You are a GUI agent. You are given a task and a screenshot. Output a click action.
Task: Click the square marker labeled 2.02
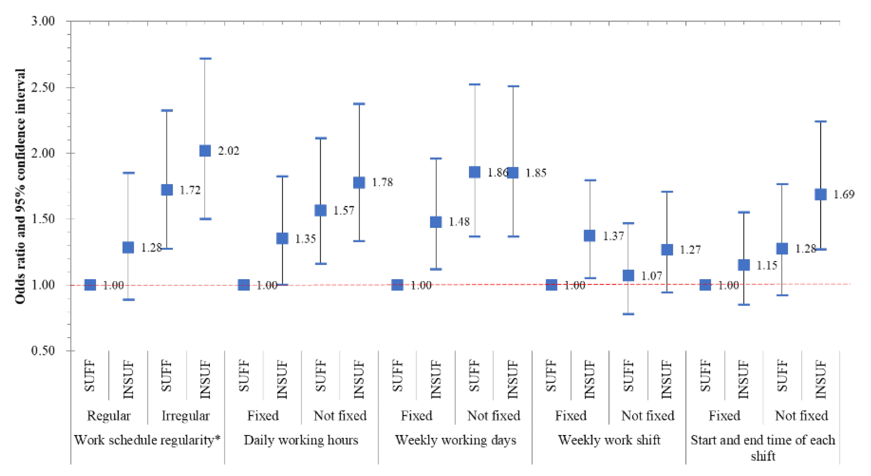tap(205, 150)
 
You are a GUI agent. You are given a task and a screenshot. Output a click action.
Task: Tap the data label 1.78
tap(382, 182)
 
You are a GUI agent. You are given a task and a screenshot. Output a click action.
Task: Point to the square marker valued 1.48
tap(436, 222)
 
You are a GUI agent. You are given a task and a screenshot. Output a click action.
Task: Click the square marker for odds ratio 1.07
tap(628, 275)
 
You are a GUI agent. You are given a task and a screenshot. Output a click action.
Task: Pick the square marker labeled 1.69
tap(821, 194)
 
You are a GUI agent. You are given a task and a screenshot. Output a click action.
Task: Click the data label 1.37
tap(613, 236)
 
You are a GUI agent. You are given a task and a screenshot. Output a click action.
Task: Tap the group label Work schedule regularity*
tap(147, 440)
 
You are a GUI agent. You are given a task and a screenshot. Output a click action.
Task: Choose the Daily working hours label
tap(301, 440)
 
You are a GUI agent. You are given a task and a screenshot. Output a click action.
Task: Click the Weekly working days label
tap(455, 440)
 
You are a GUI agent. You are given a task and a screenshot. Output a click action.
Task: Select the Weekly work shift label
tap(609, 440)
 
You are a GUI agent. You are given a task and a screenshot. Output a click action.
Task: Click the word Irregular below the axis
tap(186, 416)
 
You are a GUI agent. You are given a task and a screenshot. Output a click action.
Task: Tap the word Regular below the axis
tap(109, 416)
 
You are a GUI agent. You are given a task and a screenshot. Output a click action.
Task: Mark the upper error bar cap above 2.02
tap(205, 59)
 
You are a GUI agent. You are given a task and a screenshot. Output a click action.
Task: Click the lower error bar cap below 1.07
tap(628, 314)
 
